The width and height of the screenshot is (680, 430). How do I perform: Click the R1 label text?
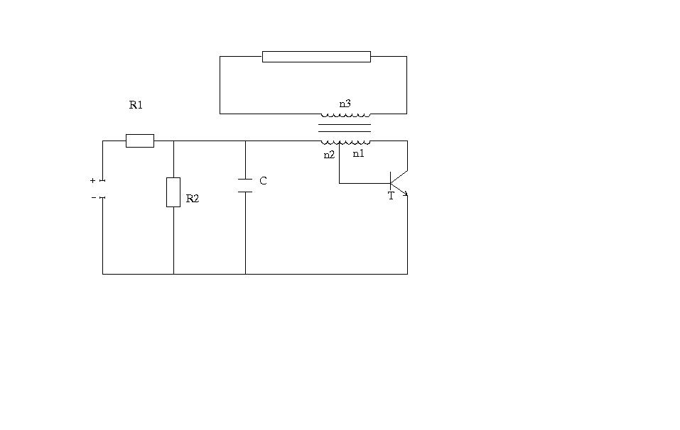click(136, 105)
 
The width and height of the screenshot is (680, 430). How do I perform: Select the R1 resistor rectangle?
click(140, 140)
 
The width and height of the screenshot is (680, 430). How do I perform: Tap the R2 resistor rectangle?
click(173, 192)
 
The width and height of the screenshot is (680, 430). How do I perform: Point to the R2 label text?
click(192, 199)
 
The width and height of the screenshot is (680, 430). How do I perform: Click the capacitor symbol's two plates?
click(245, 185)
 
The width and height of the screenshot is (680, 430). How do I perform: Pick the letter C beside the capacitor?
click(263, 181)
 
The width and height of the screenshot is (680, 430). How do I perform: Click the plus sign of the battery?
click(92, 180)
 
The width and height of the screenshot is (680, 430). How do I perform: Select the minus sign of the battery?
click(94, 197)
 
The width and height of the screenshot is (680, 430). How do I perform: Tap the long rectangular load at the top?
click(317, 57)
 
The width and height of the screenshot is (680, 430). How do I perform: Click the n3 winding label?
click(345, 104)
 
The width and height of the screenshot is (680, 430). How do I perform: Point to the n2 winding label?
click(329, 155)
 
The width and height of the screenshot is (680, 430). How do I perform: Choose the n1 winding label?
click(358, 153)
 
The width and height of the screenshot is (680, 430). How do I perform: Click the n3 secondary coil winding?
click(345, 116)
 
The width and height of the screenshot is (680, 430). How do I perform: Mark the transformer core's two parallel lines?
click(345, 128)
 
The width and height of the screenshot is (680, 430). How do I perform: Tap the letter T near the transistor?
click(391, 196)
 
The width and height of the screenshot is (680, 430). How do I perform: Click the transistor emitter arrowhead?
click(406, 194)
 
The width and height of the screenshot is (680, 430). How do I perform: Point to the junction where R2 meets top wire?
click(173, 140)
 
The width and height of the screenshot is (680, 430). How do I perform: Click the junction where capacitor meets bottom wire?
click(245, 274)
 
